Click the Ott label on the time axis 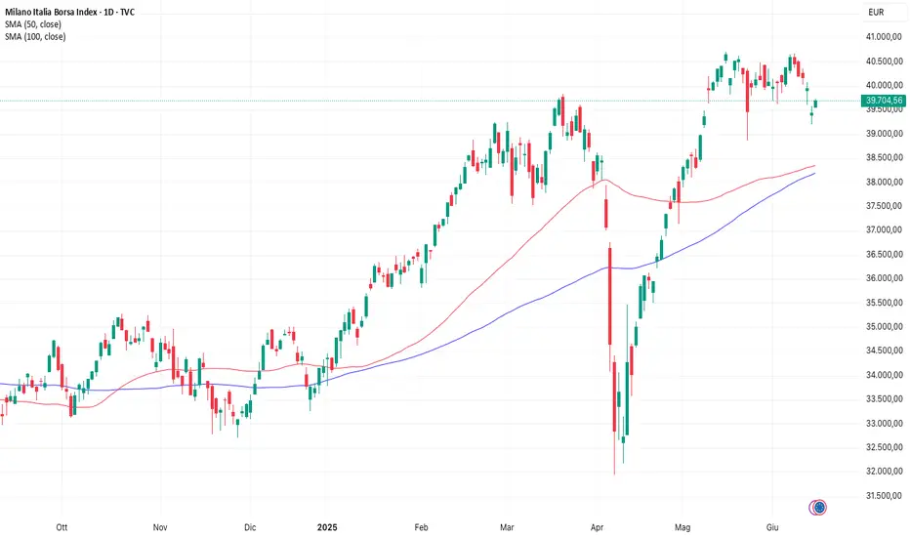(62, 525)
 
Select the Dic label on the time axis (250, 525)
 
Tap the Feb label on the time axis (422, 525)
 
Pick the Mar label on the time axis (508, 525)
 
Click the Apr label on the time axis (598, 525)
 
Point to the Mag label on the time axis (683, 525)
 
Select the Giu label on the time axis (774, 525)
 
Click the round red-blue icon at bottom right (819, 507)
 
